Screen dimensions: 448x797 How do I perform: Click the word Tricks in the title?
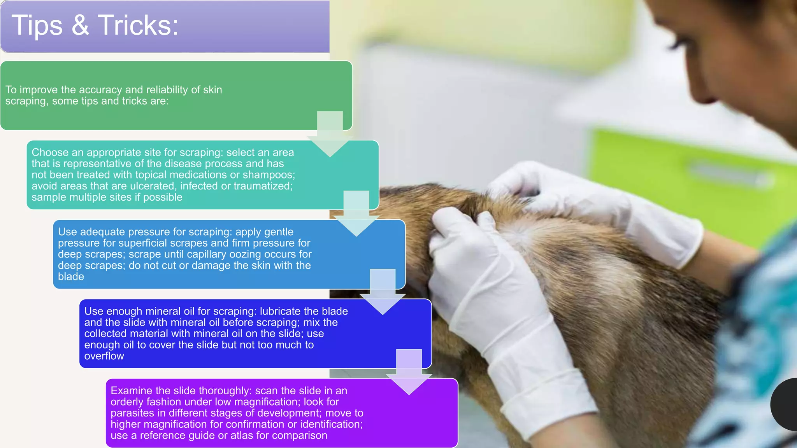tap(138, 26)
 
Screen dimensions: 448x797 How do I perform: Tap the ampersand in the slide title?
tap(80, 26)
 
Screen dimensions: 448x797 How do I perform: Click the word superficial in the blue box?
tap(146, 243)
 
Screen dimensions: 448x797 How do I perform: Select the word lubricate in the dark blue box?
tap(280, 311)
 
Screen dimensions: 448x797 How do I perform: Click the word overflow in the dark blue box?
tap(104, 356)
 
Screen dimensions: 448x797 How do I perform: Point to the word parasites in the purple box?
tap(131, 413)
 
